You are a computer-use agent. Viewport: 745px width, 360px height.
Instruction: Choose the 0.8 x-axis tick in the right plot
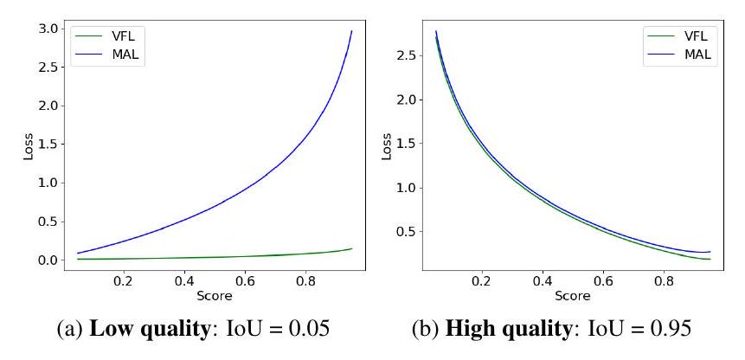pos(664,280)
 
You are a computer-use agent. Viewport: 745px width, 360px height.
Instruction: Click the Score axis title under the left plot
pos(214,296)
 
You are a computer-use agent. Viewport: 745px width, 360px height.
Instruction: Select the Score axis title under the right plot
pos(573,296)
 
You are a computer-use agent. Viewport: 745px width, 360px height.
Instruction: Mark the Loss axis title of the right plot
pos(386,144)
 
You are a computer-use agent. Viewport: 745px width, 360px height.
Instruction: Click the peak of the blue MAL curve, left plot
pos(351,31)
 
